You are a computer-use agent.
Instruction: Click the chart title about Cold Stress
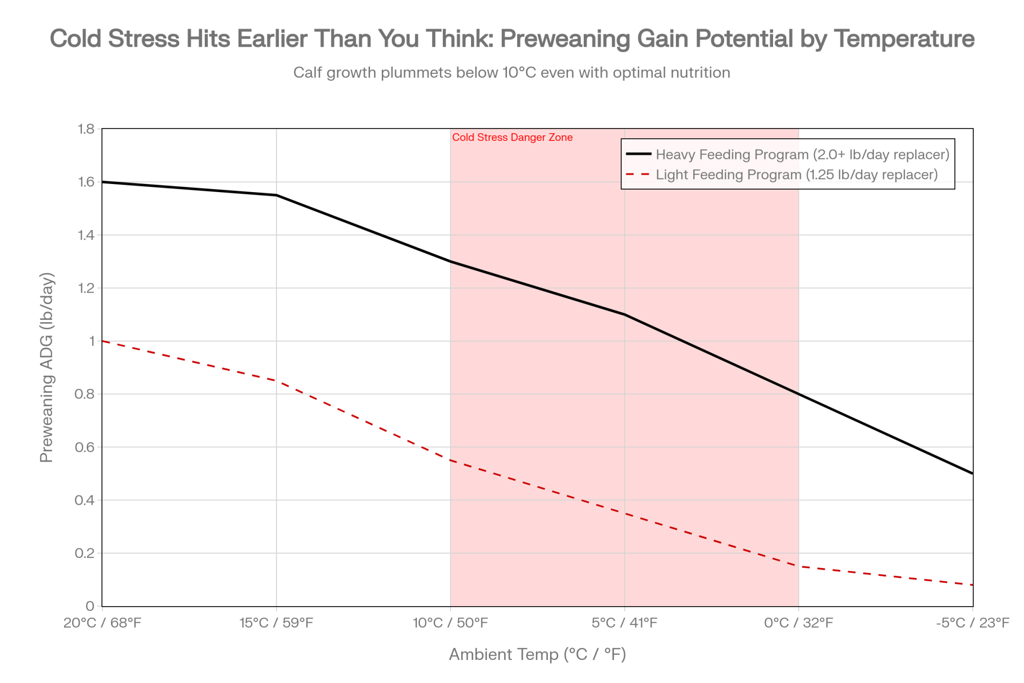512,39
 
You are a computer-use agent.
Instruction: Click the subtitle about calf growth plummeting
512,73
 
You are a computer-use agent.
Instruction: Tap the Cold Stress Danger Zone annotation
512,137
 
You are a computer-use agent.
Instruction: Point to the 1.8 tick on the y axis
86,129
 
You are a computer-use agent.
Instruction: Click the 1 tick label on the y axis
92,341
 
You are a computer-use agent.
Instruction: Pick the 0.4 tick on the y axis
85,500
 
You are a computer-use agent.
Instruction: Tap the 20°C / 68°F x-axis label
102,623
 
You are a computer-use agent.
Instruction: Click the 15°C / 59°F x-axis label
276,623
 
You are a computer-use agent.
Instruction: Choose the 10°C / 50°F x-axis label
451,623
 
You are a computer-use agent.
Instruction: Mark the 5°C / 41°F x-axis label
625,623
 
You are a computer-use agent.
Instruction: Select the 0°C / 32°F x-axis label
799,623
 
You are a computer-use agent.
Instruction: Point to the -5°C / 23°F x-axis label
972,623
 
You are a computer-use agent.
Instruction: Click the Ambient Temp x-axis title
538,655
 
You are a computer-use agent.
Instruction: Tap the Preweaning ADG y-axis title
47,367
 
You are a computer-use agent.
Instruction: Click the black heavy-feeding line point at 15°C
276,195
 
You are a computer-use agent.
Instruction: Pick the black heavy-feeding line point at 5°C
625,315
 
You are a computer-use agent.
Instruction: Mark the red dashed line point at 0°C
799,566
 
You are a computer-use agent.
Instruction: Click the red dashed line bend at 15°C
276,381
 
